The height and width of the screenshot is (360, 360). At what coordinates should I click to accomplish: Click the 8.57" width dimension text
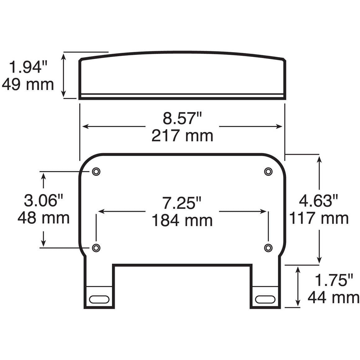182,119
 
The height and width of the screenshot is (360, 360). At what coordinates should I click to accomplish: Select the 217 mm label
182,136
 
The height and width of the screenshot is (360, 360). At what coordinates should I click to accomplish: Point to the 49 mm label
28,84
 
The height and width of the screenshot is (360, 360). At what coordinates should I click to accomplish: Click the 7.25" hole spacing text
182,203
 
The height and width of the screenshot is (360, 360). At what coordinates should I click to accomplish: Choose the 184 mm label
182,220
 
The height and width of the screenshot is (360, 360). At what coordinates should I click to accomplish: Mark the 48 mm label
43,218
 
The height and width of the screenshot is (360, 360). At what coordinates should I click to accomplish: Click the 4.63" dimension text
318,201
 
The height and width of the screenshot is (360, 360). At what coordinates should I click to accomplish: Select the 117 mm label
319,218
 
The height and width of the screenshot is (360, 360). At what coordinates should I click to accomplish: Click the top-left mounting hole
97,171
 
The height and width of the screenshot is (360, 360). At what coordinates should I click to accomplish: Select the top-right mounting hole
268,171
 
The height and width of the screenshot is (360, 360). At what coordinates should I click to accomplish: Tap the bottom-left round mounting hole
97,247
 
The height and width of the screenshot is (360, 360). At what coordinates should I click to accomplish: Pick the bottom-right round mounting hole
268,247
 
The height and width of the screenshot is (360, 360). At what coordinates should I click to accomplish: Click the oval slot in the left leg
99,299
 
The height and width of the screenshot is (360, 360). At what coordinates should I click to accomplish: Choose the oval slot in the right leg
265,299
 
